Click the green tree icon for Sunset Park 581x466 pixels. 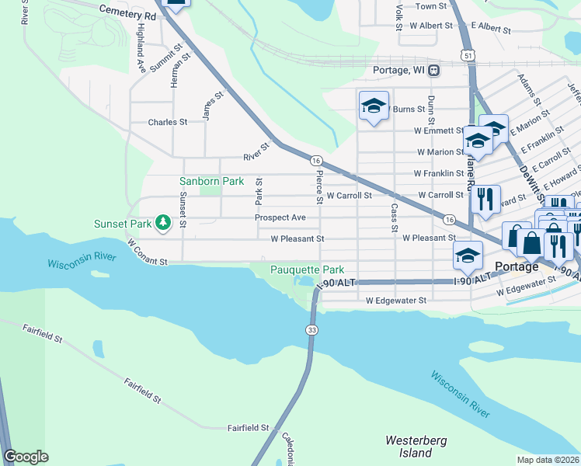(162, 224)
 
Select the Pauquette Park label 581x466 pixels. (307, 270)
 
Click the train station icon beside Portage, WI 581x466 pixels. (433, 70)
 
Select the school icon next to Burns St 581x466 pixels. (373, 106)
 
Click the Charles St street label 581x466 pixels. (167, 122)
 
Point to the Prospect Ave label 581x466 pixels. (280, 217)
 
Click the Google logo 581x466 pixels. (26, 457)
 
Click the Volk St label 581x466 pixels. (398, 16)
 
